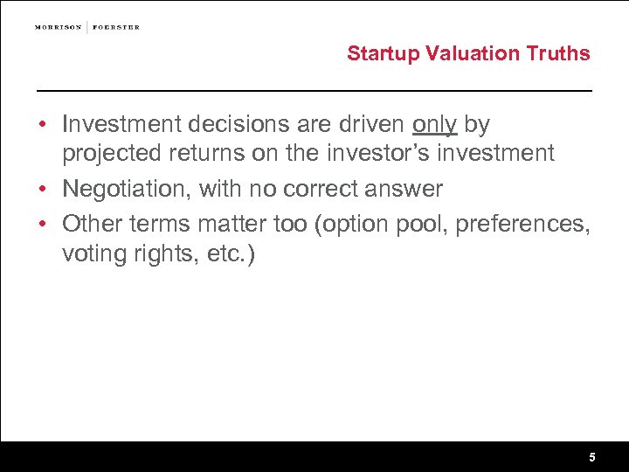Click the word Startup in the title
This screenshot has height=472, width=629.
click(384, 53)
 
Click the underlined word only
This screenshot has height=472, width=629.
click(435, 125)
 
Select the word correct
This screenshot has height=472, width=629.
click(320, 188)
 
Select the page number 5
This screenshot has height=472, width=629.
click(592, 457)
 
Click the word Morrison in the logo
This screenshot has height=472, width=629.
click(59, 27)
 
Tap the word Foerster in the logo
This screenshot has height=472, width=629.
click(115, 27)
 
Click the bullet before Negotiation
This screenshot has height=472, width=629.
click(43, 189)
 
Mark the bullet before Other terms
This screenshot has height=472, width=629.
click(43, 225)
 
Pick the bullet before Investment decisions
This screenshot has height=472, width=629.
click(43, 126)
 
